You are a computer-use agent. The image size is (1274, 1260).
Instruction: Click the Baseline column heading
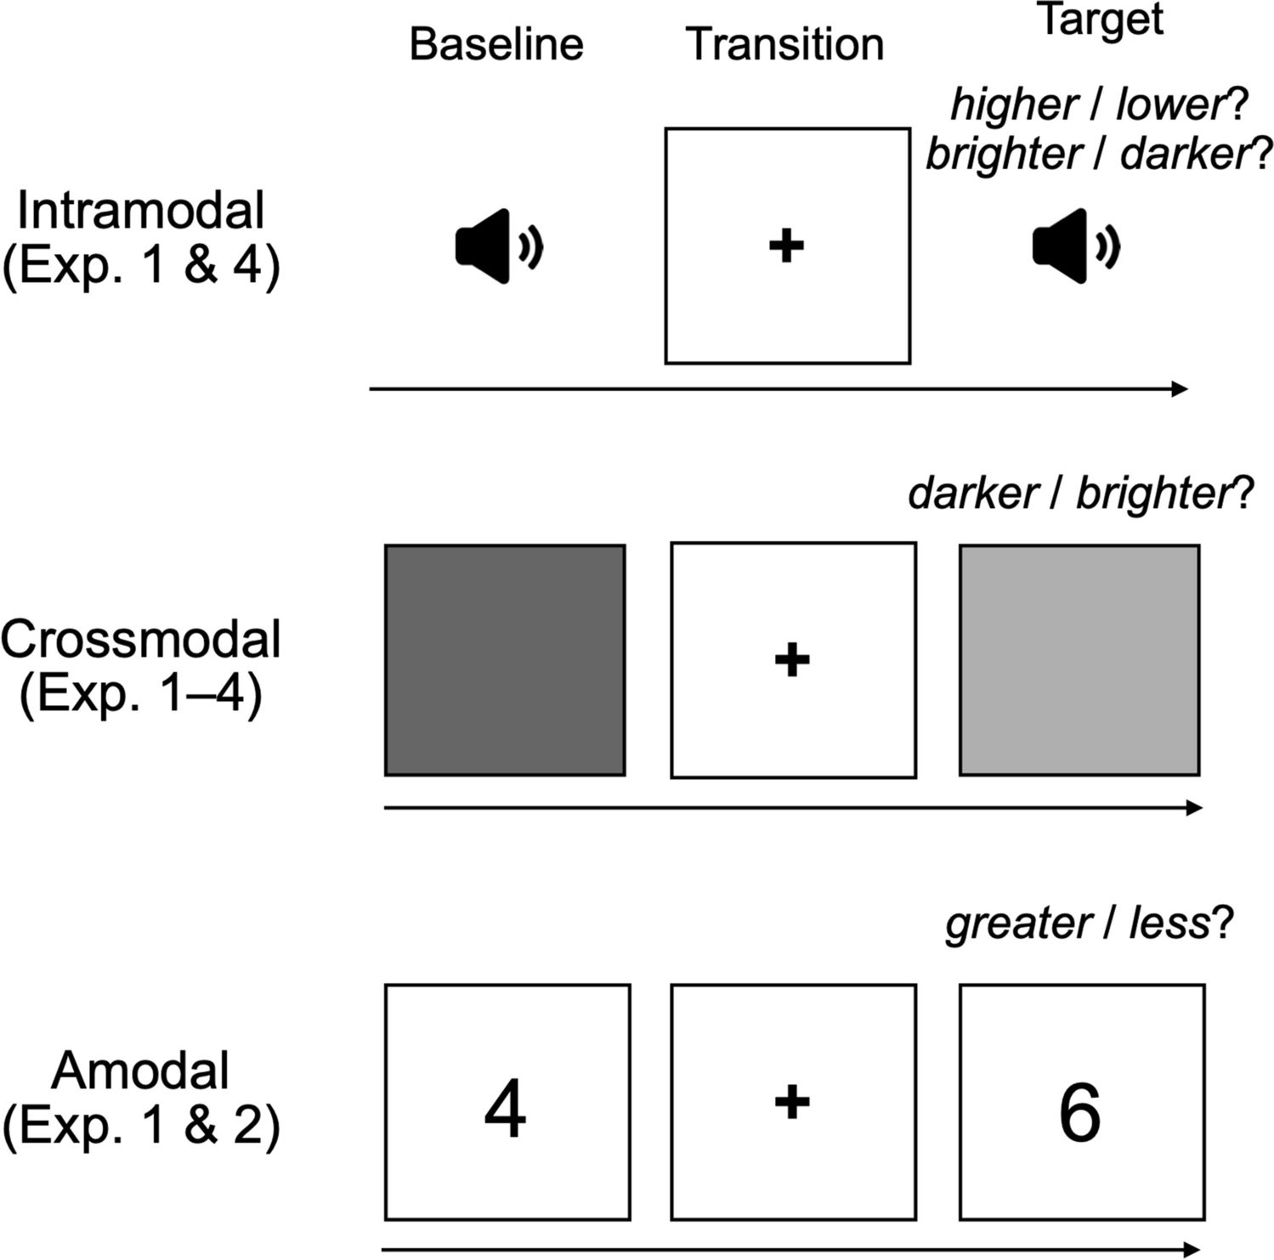tap(496, 44)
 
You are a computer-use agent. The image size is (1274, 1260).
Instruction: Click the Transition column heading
tap(784, 44)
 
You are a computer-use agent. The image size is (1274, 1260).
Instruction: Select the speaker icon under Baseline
tap(498, 246)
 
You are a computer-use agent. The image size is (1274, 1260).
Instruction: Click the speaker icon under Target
tap(1075, 246)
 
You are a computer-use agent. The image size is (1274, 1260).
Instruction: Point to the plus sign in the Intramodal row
tap(786, 246)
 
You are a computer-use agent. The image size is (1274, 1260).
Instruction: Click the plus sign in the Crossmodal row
tap(792, 659)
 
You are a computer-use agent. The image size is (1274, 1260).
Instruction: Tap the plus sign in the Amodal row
tap(792, 1102)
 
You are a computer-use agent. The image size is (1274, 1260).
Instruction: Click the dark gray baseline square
tap(505, 660)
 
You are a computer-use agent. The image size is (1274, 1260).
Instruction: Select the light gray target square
tap(1079, 660)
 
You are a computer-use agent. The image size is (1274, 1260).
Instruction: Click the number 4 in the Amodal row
tap(505, 1110)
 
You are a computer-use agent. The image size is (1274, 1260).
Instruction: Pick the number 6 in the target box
tap(1079, 1112)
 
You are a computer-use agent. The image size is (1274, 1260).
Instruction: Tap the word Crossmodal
tap(141, 639)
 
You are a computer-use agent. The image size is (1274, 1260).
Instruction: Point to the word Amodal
tap(141, 1071)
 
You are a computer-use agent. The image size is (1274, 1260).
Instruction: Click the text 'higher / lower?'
tap(1098, 105)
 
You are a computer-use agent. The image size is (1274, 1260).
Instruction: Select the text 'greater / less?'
tap(1089, 923)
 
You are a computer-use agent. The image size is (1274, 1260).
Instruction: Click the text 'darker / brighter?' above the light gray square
tap(1080, 494)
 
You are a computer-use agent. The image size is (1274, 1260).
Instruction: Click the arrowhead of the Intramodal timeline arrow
tap(1180, 389)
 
